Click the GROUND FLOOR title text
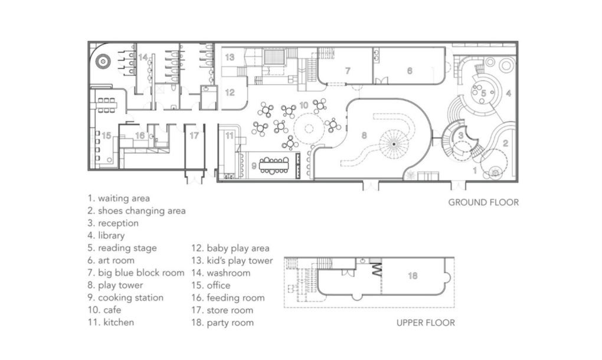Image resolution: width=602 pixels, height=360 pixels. point(483,202)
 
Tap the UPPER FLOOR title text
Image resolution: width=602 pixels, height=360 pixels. point(426,323)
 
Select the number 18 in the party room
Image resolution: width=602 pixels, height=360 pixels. point(413,276)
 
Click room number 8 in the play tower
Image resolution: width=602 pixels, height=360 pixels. point(364,135)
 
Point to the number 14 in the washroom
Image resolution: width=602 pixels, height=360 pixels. point(143,57)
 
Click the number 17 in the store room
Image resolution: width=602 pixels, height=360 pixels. point(194,136)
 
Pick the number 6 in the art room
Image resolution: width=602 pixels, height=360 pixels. point(410,71)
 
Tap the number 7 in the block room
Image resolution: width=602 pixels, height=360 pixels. point(348,71)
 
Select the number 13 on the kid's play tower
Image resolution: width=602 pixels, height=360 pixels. point(230,57)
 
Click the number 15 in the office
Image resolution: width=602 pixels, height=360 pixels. point(106,136)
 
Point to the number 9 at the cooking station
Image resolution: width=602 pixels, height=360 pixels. point(254,166)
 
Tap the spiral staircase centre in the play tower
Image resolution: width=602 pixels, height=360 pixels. point(394,143)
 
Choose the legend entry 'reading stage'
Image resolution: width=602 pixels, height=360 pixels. point(122,248)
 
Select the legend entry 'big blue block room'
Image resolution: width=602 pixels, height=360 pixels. point(136,273)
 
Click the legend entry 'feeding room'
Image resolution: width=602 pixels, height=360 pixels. point(228,298)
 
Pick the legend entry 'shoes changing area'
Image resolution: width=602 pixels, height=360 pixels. point(136,211)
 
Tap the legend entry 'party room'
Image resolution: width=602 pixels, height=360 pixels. point(223,323)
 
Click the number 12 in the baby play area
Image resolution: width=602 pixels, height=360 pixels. point(230,93)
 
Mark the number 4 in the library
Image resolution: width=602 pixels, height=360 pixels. point(508,93)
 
